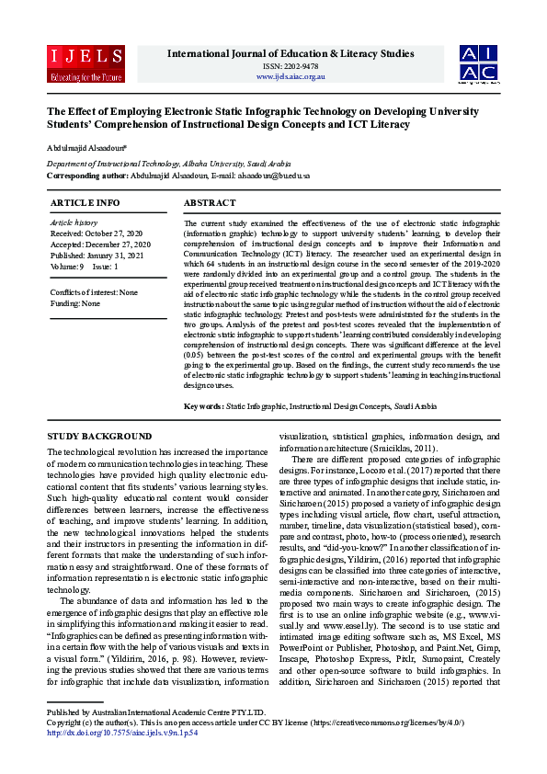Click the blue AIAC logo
click(x=479, y=63)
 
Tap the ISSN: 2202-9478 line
click(x=291, y=66)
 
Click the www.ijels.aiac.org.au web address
click(x=291, y=76)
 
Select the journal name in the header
click(x=291, y=53)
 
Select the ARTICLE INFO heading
click(x=85, y=202)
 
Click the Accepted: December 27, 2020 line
click(x=100, y=245)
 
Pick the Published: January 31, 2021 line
click(x=97, y=256)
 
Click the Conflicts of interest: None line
click(x=95, y=292)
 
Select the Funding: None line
click(x=74, y=302)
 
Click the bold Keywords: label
click(x=203, y=405)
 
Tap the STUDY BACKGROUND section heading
click(x=99, y=436)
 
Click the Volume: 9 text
click(x=67, y=267)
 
